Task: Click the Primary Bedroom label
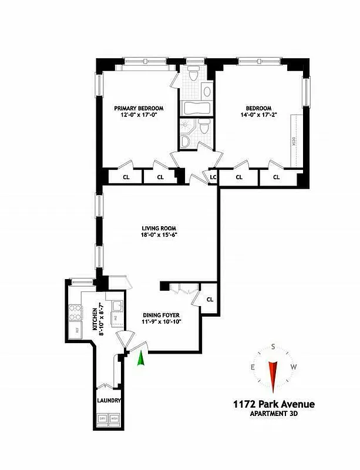point(139,108)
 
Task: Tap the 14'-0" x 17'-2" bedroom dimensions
point(258,116)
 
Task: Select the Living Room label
point(159,229)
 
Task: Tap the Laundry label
point(109,401)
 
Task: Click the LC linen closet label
point(213,176)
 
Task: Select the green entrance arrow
point(141,358)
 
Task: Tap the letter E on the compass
point(253,368)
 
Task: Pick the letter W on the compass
point(293,368)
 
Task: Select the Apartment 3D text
point(272,414)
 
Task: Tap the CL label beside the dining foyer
point(210,299)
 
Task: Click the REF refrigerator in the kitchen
point(76,330)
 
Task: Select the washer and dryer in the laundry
point(109,420)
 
